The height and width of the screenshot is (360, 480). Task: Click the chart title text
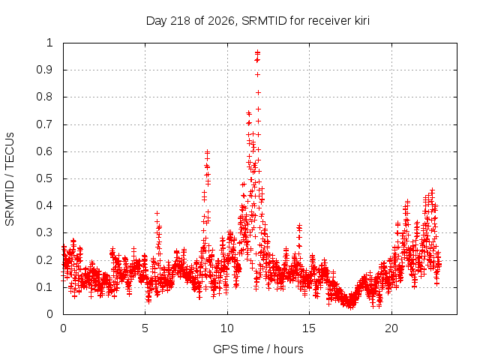tap(258, 21)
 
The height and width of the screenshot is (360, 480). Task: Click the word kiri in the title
tap(362, 20)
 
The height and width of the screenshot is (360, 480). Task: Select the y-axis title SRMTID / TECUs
tap(10, 179)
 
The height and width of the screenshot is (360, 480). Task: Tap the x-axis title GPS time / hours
tap(258, 349)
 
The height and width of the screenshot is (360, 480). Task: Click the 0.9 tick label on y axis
tap(45, 70)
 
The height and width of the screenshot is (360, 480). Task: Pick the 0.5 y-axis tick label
tap(45, 178)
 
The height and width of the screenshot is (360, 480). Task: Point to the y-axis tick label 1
tap(49, 43)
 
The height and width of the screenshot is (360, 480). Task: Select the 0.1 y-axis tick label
tap(45, 287)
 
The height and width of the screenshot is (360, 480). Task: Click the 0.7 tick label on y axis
tap(45, 124)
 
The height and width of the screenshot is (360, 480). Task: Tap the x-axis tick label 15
tap(309, 328)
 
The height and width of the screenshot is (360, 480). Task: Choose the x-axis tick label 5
tap(145, 328)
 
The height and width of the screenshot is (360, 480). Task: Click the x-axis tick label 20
tap(391, 328)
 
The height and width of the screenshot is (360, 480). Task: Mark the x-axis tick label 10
tap(227, 328)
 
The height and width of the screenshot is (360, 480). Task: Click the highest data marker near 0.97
tap(258, 52)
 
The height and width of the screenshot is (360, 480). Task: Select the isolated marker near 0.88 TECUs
tap(258, 75)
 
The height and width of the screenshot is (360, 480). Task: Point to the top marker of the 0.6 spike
tap(208, 151)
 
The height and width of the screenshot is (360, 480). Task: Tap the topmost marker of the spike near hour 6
tap(157, 213)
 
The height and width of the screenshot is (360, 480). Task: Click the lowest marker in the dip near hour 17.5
tap(351, 307)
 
